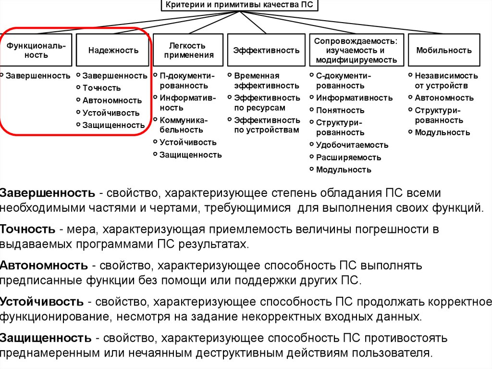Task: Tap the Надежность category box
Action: pyautogui.click(x=113, y=50)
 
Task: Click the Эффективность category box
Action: pyautogui.click(x=266, y=50)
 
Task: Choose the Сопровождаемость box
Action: pyautogui.click(x=355, y=50)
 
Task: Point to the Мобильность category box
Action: pyautogui.click(x=443, y=50)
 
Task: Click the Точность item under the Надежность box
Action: pyautogui.click(x=101, y=88)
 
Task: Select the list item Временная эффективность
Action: pyautogui.click(x=266, y=81)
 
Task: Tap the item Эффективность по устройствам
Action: pyautogui.click(x=267, y=125)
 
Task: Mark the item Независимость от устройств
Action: pyautogui.click(x=446, y=81)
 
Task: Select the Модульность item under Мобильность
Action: pyautogui.click(x=442, y=133)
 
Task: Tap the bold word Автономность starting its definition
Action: pyautogui.click(x=44, y=265)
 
